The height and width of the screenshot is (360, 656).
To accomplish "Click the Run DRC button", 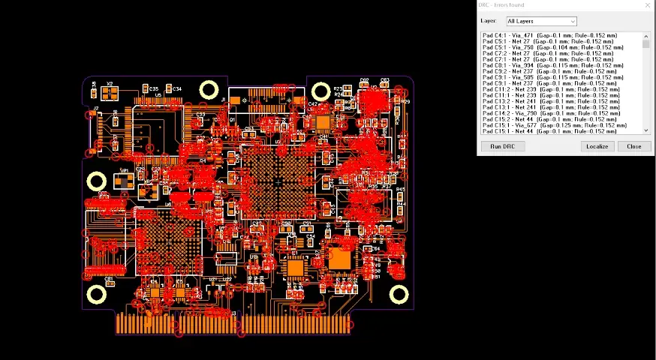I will click(x=502, y=146).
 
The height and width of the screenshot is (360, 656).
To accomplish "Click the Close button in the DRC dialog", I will click(x=633, y=146).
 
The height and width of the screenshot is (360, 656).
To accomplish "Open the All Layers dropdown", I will click(x=541, y=21).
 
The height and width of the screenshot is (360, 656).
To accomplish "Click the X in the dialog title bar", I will click(x=648, y=5).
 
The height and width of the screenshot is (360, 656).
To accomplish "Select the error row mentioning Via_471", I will click(x=549, y=35).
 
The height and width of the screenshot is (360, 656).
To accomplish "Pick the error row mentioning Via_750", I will click(x=552, y=47).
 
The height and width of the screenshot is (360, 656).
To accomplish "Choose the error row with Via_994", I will click(x=552, y=65).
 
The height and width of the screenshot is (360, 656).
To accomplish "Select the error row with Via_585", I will click(x=552, y=77).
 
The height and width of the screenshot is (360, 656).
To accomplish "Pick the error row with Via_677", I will click(x=553, y=125).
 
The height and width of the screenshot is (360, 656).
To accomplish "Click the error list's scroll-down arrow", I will click(x=645, y=130).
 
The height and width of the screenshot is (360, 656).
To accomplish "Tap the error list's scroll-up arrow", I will click(x=645, y=36).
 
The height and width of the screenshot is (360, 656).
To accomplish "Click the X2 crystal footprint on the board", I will click(x=110, y=93).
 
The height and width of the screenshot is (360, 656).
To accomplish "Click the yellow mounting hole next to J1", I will click(x=209, y=91).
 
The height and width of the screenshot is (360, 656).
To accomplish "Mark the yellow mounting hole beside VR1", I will click(x=97, y=181).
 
